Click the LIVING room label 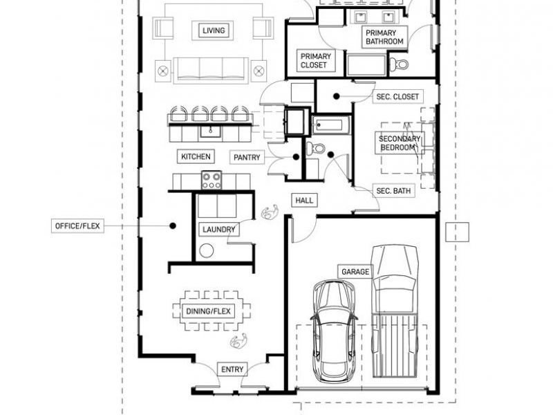click(214, 30)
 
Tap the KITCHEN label click(196, 156)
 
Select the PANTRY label click(247, 158)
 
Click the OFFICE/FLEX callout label click(77, 226)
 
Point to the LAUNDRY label click(218, 230)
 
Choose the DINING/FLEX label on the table click(208, 311)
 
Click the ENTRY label click(232, 369)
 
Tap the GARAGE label click(355, 272)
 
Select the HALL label click(304, 201)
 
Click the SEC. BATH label click(393, 191)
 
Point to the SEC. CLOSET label click(397, 96)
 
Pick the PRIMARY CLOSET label click(315, 60)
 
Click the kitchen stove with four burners click(212, 180)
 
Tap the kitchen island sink click(210, 131)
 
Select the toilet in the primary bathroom click(399, 64)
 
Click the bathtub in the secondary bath click(331, 125)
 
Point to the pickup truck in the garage click(394, 311)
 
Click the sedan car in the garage click(333, 331)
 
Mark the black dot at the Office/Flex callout click(172, 225)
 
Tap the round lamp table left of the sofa click(163, 71)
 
